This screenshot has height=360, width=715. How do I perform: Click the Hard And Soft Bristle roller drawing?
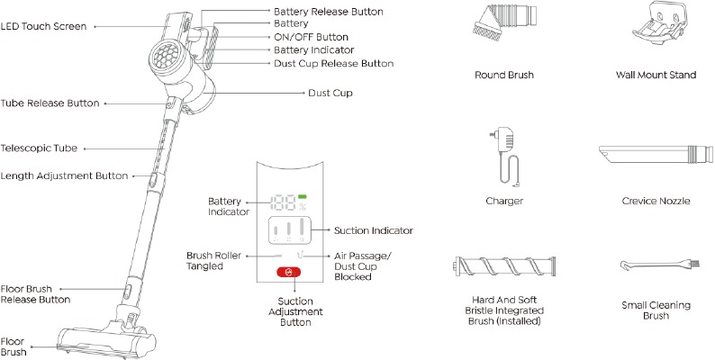click(503, 268)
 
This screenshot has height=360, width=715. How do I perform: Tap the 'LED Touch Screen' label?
click(44, 27)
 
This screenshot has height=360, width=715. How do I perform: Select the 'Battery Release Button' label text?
click(328, 12)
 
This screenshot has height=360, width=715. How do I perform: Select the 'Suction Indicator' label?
click(374, 230)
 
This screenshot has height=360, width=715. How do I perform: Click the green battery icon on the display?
click(304, 197)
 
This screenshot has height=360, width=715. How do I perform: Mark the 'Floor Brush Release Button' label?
click(36, 293)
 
